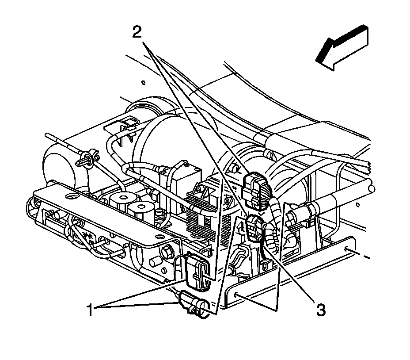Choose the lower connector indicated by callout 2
[254, 227]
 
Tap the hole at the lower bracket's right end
[349, 250]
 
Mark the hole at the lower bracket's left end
[238, 294]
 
